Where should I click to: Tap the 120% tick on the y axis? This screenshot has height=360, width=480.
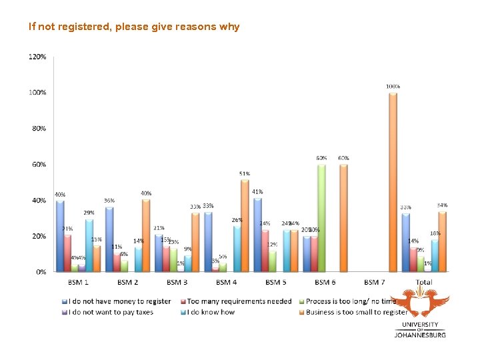[x=37, y=57]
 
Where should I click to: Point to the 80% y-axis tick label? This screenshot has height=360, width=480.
[x=39, y=129]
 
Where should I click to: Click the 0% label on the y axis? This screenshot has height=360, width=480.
[x=41, y=272]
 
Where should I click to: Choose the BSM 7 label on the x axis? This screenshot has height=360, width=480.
[x=375, y=283]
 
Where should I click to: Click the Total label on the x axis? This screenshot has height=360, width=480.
[x=423, y=283]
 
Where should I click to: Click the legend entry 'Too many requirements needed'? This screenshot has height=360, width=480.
[x=239, y=301]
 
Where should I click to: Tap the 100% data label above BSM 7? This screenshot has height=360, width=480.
[x=393, y=87]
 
